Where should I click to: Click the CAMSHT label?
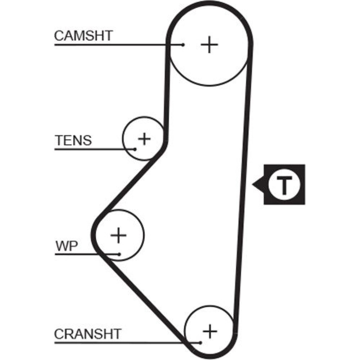(84, 36)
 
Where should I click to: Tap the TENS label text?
(73, 140)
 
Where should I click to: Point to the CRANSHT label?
(87, 334)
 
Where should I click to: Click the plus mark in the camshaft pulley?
(210, 45)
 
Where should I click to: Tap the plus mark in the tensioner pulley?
(144, 139)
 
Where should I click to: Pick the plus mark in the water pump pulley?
(118, 235)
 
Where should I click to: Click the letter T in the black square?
(284, 185)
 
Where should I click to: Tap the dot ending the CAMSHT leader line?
(183, 45)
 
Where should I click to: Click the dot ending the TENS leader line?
(135, 149)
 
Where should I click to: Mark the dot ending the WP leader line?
(119, 254)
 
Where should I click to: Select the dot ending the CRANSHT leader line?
(200, 342)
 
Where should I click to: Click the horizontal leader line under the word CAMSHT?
(108, 45)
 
